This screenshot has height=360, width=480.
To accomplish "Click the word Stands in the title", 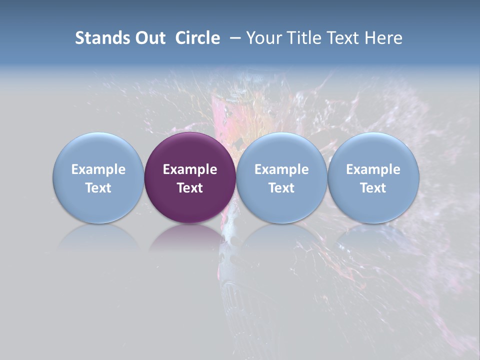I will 98,38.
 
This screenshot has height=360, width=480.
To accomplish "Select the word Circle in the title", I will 197,38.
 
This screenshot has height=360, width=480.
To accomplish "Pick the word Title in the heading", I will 305,38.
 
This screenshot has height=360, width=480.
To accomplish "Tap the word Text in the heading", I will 346,38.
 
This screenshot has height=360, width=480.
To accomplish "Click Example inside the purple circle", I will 190,169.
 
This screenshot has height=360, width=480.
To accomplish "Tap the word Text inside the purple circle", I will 190,188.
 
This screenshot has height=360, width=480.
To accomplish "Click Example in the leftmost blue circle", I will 98,169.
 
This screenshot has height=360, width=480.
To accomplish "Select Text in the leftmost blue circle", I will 98,188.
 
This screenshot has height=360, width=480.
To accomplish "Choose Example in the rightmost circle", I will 373,169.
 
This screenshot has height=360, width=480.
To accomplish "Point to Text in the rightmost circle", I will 373,188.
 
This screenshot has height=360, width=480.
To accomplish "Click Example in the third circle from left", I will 281,169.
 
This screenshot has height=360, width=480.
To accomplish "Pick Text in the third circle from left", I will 281,188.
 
